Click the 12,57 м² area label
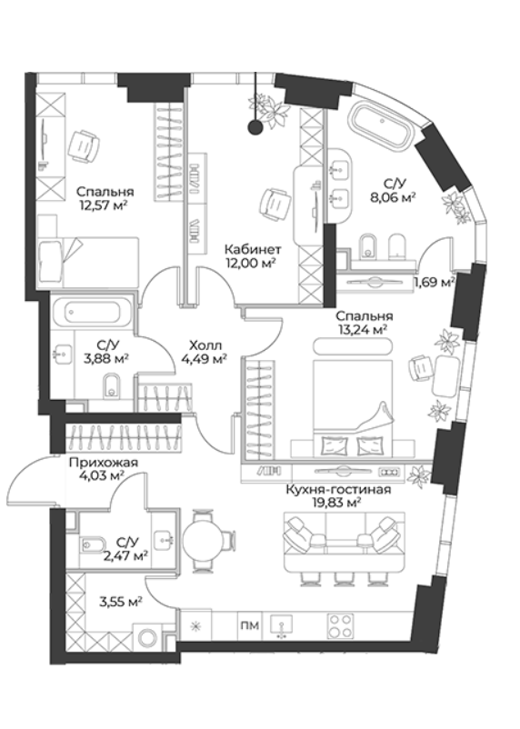pos(105,205)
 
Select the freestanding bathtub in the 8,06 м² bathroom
pos(382,127)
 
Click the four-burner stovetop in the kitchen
pos(341,626)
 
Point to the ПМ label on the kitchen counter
pos(250,625)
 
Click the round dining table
pos(203,541)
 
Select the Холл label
pos(205,345)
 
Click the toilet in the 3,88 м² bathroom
pos(112,384)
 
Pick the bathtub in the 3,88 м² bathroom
pos(93,313)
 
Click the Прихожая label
pos(104,463)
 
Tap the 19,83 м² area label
pos(338,502)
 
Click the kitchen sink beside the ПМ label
pos(280,625)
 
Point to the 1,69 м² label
pos(434,282)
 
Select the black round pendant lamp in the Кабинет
pos(255,127)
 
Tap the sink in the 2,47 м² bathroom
pos(164,539)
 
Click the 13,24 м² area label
pos(365,329)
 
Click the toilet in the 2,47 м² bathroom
pos(91,543)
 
